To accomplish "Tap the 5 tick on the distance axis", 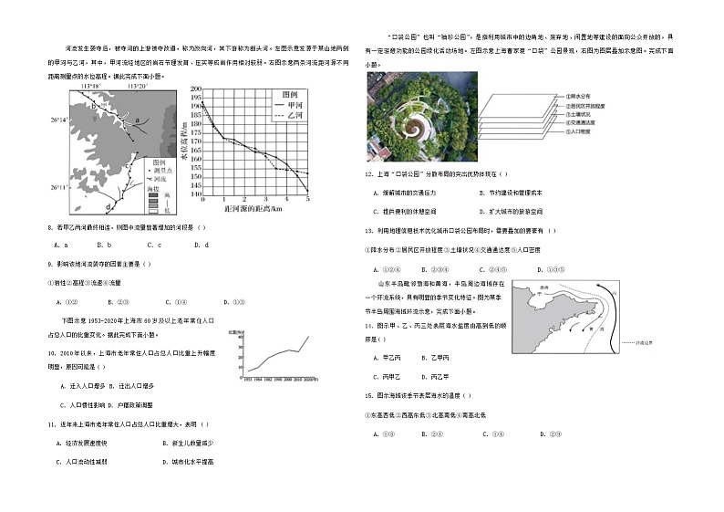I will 307,199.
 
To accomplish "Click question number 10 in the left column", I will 52,351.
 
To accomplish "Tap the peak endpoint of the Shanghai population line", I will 306,337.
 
